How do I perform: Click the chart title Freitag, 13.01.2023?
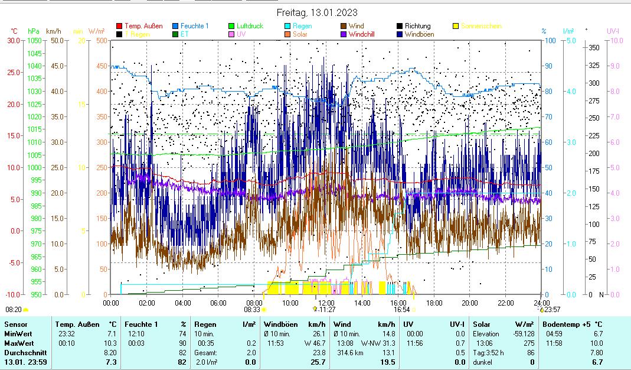click(316, 12)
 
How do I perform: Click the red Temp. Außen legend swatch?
click(119, 26)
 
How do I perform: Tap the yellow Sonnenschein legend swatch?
click(456, 26)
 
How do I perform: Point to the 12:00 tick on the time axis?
click(326, 303)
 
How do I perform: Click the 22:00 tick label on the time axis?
click(505, 303)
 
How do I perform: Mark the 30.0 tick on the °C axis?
click(14, 40)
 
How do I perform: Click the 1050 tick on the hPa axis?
click(35, 40)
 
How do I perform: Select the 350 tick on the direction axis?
click(594, 47)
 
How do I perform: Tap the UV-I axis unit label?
click(613, 31)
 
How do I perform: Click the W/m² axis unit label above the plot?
click(97, 31)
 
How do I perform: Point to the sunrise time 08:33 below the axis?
click(252, 309)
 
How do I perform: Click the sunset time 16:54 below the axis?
click(401, 309)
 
